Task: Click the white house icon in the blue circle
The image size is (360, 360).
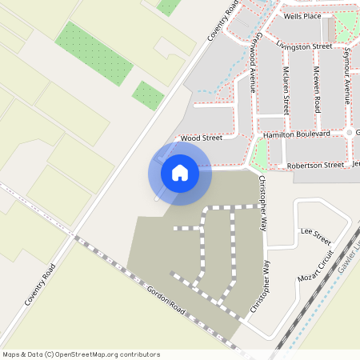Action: click(180, 172)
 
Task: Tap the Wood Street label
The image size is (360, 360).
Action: click(202, 138)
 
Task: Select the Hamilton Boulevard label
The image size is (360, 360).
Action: click(297, 135)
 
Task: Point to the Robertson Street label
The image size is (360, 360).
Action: click(316, 165)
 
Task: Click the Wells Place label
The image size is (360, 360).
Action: click(302, 16)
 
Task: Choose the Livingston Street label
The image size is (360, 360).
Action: click(304, 46)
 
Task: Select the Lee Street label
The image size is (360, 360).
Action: click(315, 236)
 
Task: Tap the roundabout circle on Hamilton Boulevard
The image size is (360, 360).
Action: click(350, 132)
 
